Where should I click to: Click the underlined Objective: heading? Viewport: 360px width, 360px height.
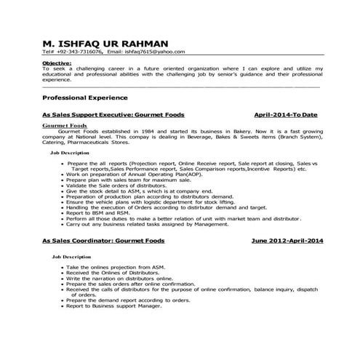point(57,64)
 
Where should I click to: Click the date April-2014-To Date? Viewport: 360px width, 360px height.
point(287,115)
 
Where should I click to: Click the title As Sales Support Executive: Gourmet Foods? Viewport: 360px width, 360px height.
point(113,115)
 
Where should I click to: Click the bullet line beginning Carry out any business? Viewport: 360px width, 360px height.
point(175,224)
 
